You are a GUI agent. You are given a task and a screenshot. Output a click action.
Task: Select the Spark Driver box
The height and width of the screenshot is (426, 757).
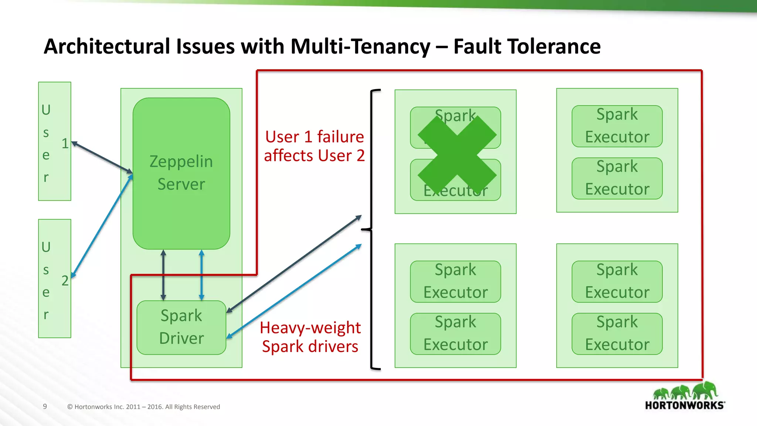pos(181,327)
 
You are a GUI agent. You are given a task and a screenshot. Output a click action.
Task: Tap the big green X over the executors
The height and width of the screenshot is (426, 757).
pos(457,155)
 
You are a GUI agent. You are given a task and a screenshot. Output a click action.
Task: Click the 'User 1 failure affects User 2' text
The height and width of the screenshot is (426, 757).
pos(314,146)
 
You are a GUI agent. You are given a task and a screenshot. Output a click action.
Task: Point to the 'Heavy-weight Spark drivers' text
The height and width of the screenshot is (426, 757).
pos(310,337)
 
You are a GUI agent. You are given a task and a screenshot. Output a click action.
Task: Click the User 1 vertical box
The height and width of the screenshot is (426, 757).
pos(54,141)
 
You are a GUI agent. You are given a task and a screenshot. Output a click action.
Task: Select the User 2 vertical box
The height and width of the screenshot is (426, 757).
pos(54,278)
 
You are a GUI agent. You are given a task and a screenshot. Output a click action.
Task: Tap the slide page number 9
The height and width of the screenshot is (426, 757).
pos(45,406)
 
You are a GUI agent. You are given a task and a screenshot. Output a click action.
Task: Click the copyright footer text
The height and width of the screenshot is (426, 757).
pos(143,407)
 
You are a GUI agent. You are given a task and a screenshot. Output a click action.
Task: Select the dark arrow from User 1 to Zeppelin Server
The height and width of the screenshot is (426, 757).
pos(102,157)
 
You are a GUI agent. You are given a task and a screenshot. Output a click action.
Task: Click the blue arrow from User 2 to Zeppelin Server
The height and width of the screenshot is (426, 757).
pos(102,226)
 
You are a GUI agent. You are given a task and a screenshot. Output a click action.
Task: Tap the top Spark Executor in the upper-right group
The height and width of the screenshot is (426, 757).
pos(617,126)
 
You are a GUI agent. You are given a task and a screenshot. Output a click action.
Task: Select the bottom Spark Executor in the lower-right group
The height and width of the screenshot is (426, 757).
pos(617,334)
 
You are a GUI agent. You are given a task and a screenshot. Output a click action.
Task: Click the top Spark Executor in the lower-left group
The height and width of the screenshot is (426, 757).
pos(455,281)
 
